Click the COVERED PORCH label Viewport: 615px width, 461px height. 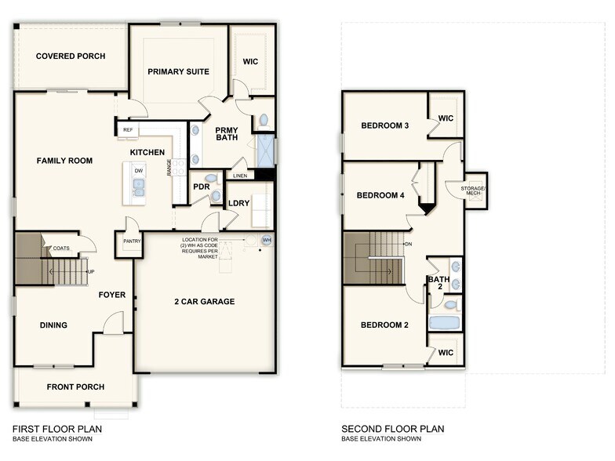[x=71, y=56]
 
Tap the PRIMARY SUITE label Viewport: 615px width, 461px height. [x=179, y=71]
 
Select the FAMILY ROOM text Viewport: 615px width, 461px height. [x=64, y=161]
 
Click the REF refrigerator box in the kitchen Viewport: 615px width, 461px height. [x=127, y=130]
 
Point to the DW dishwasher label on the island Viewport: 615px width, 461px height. [x=138, y=170]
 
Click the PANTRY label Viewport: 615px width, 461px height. [x=132, y=241]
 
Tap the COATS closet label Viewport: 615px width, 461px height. [x=61, y=249]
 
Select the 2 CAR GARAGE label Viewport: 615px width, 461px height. [x=204, y=301]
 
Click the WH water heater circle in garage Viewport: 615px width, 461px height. [x=267, y=240]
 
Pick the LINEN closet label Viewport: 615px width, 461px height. [x=241, y=176]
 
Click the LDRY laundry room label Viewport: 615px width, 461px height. [x=238, y=203]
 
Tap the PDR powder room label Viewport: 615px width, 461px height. [x=201, y=187]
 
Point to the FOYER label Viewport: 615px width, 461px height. [x=112, y=296]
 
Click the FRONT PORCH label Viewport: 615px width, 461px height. [x=75, y=387]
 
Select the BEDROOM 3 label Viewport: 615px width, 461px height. [x=384, y=125]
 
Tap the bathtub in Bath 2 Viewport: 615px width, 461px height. [x=445, y=322]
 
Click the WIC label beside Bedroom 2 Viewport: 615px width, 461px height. [x=446, y=353]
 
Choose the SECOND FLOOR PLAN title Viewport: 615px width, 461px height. [x=392, y=429]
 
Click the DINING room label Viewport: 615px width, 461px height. [x=53, y=325]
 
